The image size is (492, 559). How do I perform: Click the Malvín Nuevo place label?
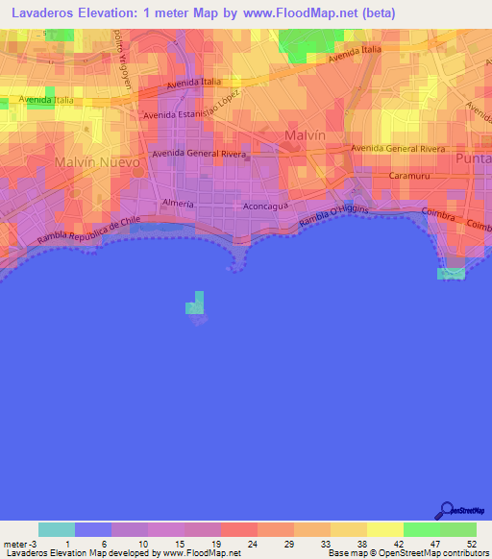pyautogui.click(x=97, y=162)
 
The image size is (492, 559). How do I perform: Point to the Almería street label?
pyautogui.click(x=178, y=204)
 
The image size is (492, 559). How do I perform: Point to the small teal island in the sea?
pyautogui.click(x=195, y=304)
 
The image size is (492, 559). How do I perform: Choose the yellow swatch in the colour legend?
pyautogui.click(x=384, y=529)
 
